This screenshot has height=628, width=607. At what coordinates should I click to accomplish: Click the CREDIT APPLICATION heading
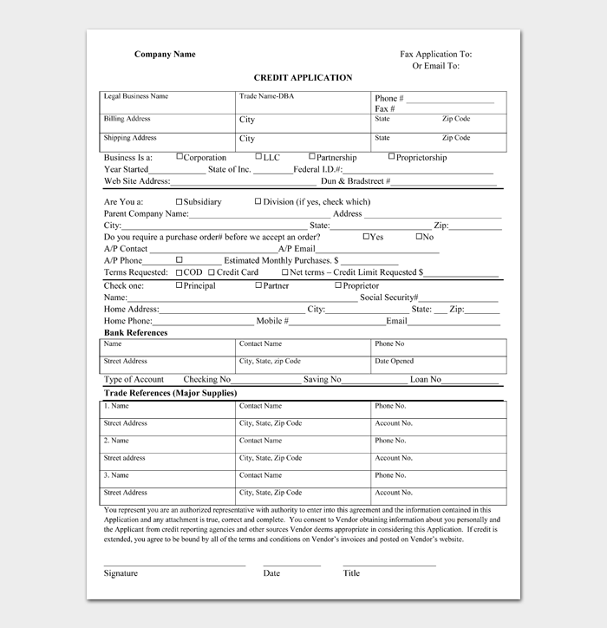pos(303,78)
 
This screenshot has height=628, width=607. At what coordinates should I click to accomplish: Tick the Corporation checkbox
pos(179,157)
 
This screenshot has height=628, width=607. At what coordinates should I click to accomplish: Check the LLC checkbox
pos(258,157)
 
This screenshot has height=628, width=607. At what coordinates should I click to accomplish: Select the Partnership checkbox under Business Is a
pos(310,157)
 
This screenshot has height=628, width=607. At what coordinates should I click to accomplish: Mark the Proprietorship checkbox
pos(391,157)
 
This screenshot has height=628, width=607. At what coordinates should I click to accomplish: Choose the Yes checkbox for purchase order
pos(366,236)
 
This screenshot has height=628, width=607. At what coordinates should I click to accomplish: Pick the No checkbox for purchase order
pos(420,236)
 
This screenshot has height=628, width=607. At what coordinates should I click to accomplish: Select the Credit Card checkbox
pos(212,271)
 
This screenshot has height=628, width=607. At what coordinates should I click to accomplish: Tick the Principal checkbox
pos(179,285)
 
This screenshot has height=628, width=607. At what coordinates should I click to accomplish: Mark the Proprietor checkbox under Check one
pos(338,285)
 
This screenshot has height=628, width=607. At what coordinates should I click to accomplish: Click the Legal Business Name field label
pos(136,96)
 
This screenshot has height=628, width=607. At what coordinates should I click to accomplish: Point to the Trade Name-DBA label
pos(267,96)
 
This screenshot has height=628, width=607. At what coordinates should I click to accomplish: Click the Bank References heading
pos(136,332)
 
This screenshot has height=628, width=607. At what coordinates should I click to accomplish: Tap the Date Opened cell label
pos(395,361)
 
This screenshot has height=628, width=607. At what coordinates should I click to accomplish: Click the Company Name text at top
pos(165,55)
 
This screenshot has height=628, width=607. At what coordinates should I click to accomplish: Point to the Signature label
pos(121,573)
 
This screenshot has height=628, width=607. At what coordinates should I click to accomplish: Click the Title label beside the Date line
pos(351,573)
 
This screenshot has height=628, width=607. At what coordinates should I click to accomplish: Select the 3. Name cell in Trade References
pos(116,475)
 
